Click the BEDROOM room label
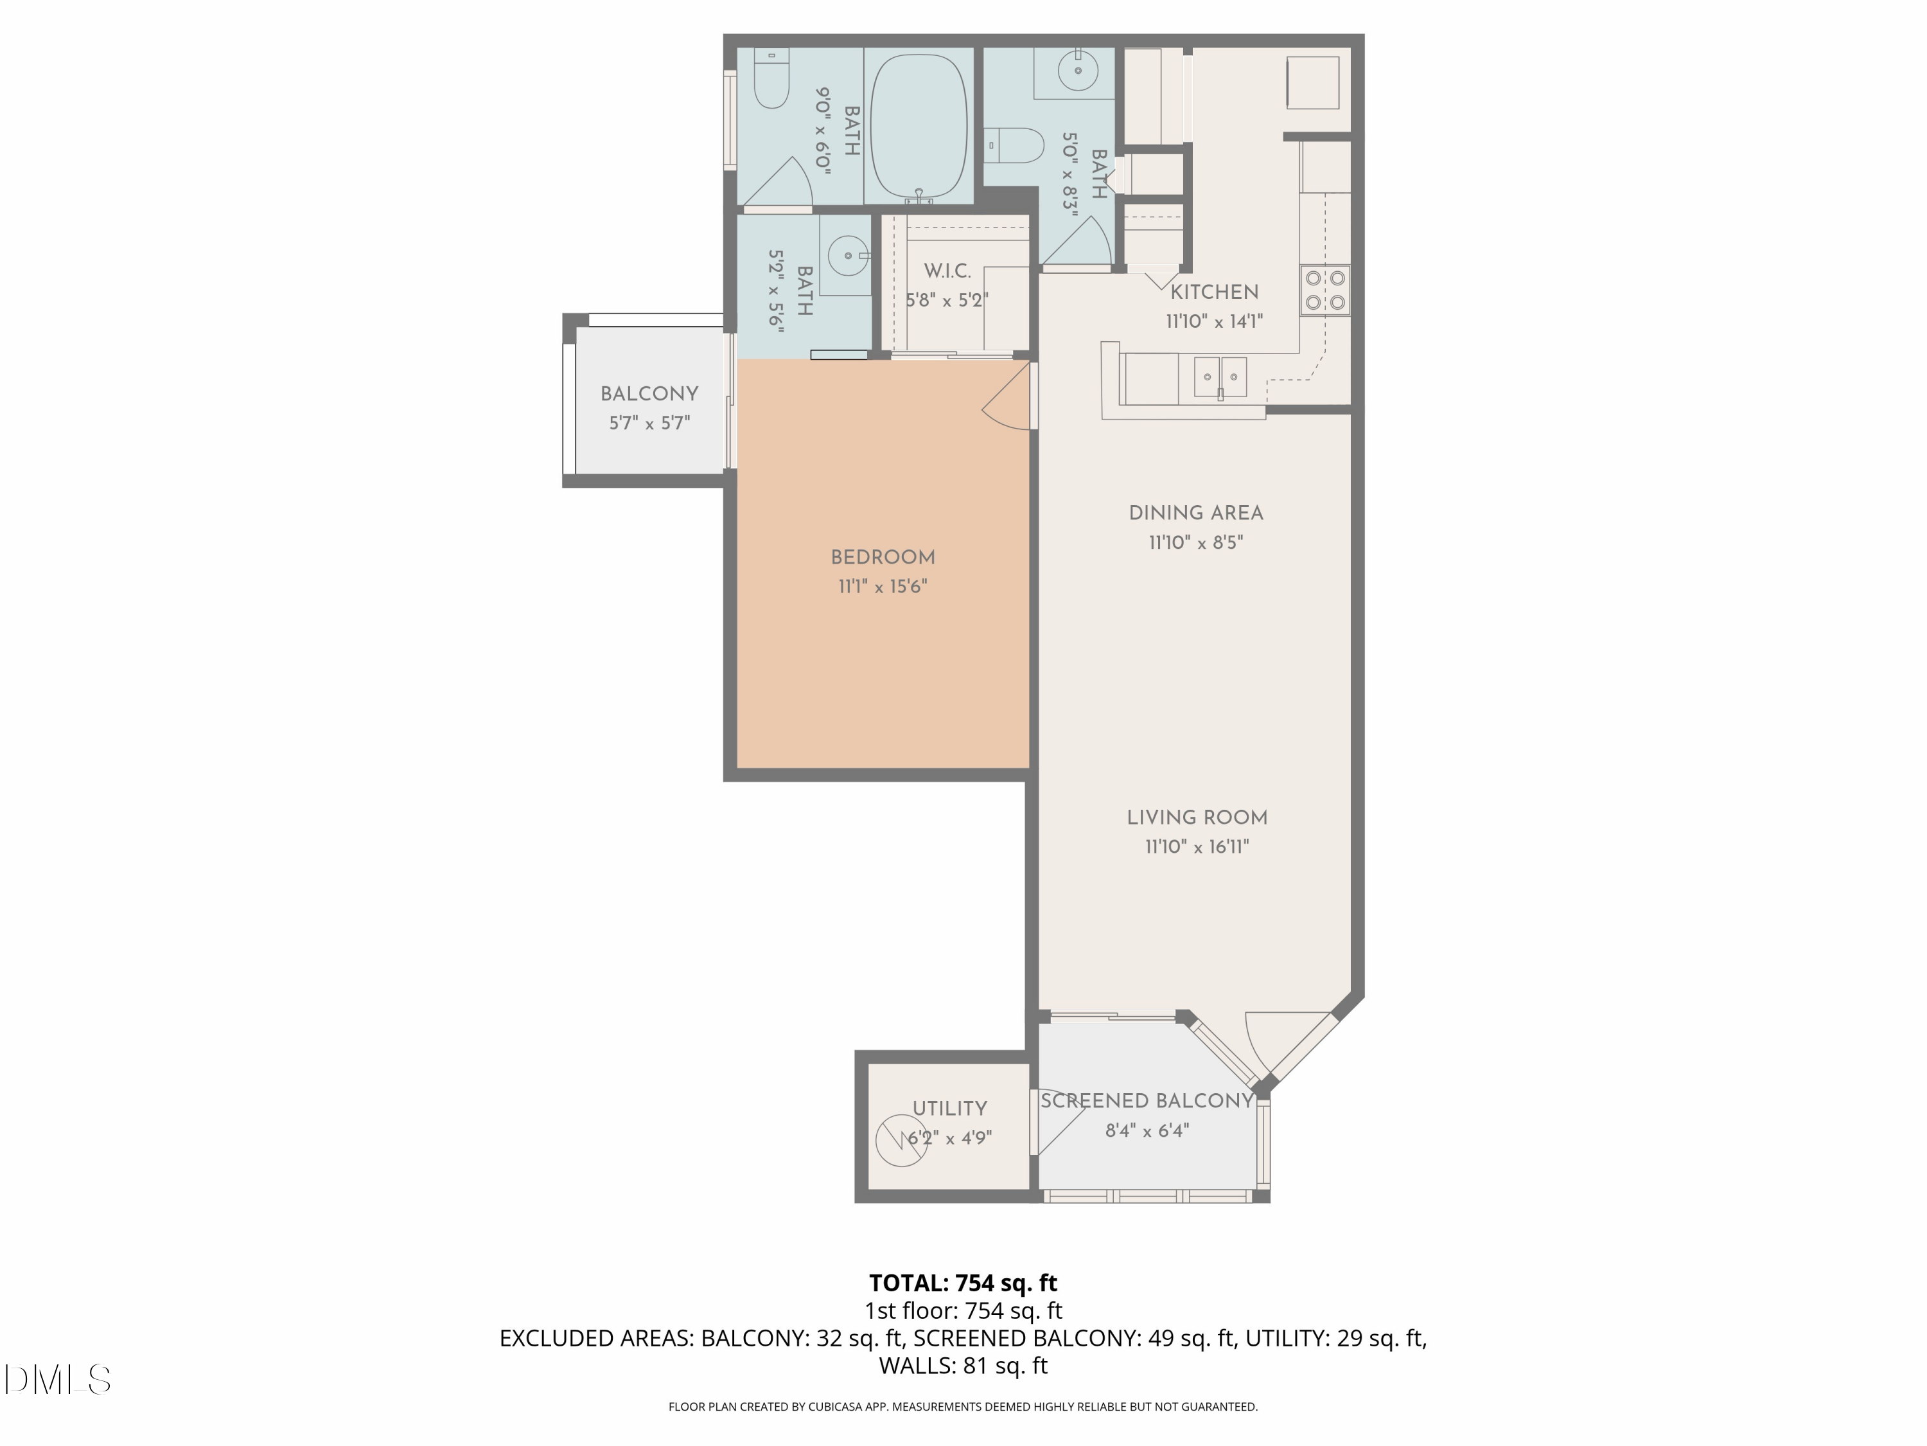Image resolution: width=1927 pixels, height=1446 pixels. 883,558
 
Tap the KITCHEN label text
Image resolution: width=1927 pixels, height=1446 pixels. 1213,292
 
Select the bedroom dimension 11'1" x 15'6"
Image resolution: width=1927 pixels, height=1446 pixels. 883,587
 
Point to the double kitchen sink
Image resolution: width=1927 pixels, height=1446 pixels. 1220,377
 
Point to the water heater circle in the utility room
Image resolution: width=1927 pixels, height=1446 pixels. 900,1141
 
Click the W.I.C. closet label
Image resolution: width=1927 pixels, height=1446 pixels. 947,271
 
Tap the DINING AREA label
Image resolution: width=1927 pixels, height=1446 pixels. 1195,513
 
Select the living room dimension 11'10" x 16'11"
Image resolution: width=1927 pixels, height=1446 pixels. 1196,846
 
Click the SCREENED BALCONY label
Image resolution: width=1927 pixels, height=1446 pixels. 1147,1101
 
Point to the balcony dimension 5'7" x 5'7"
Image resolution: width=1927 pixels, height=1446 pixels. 649,424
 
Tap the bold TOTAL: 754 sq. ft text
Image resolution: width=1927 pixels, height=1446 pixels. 963,1283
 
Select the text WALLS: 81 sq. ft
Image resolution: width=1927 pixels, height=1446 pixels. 963,1366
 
